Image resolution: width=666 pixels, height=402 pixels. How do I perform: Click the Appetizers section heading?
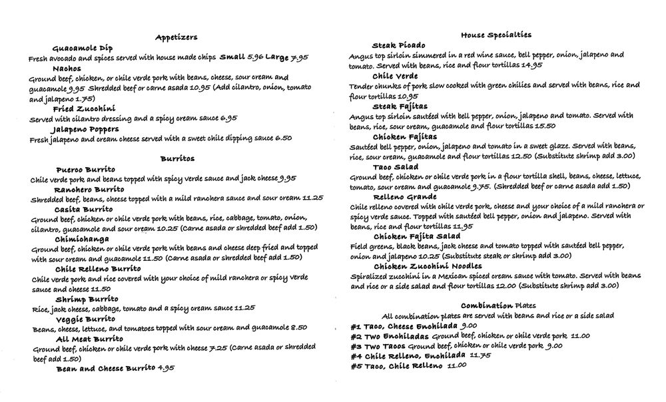pyautogui.click(x=176, y=37)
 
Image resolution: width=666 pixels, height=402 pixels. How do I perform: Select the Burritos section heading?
pyautogui.click(x=177, y=159)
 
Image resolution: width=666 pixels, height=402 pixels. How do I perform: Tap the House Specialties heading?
pyautogui.click(x=496, y=35)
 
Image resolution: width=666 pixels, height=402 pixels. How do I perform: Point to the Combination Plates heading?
pyautogui.click(x=497, y=304)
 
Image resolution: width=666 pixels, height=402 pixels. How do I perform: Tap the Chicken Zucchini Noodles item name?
pyautogui.click(x=427, y=266)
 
